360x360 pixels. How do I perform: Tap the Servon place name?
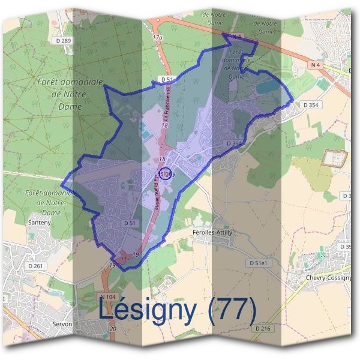[x=62, y=324]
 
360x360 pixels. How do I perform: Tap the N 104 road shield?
[x=107, y=296]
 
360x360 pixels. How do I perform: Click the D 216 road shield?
[x=263, y=328]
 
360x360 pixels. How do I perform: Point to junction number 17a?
[x=158, y=38]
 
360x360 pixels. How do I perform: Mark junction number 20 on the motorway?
[x=112, y=329]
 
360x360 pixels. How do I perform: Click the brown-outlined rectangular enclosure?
[x=335, y=158]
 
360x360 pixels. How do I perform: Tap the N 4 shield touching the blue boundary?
[x=236, y=37]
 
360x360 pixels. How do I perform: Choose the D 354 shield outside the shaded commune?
[x=311, y=105]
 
